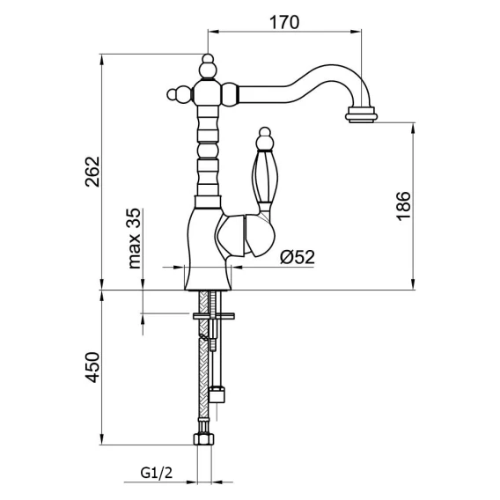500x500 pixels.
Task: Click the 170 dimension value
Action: (284, 23)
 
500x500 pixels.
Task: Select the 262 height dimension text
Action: (93, 172)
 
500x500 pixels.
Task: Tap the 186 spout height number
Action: (403, 206)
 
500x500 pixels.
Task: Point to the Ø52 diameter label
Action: (298, 257)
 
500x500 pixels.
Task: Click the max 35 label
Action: (135, 239)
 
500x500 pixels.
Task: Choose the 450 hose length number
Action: (92, 367)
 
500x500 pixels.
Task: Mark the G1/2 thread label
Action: (157, 473)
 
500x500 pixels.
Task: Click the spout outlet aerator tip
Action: (362, 114)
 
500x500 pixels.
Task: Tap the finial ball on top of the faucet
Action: (208, 66)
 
